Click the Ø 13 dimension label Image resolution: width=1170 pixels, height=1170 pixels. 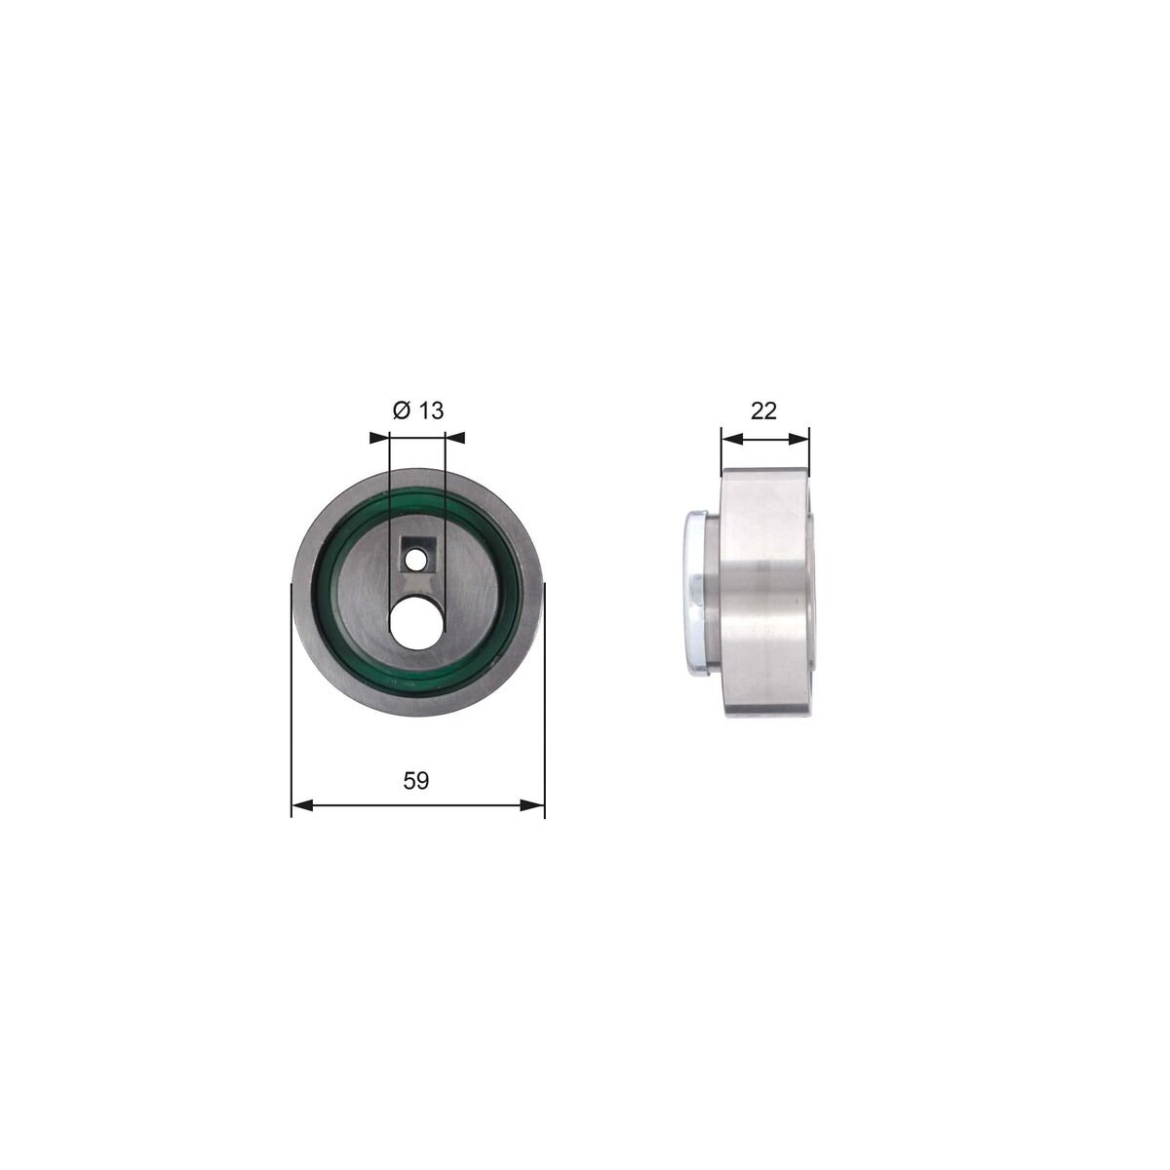point(418,410)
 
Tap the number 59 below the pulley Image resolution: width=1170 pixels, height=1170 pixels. point(416,780)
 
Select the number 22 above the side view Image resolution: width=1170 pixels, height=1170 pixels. point(763,411)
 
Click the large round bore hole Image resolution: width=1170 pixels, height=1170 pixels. point(415,621)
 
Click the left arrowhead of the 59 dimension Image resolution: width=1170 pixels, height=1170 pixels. point(302,805)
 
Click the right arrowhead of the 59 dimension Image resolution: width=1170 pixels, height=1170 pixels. point(533,805)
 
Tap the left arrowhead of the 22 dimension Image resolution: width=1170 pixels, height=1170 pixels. point(731,439)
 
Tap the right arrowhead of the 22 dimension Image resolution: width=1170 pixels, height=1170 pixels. point(799,439)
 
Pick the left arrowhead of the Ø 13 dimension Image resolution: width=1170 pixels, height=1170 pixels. point(379,437)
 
